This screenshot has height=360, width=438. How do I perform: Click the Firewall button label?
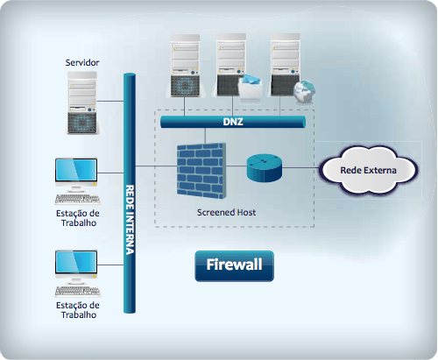[x=234, y=265]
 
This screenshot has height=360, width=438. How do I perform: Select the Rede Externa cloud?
[x=368, y=169]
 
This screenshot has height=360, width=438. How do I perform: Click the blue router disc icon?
[x=265, y=167]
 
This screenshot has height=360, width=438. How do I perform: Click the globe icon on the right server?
[x=304, y=88]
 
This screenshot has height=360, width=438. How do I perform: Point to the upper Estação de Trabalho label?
[x=78, y=217]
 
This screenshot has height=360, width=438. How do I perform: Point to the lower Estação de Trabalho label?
[x=78, y=310]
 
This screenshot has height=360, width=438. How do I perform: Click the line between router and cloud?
[x=303, y=167]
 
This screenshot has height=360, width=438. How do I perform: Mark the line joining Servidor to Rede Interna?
[x=113, y=101]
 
